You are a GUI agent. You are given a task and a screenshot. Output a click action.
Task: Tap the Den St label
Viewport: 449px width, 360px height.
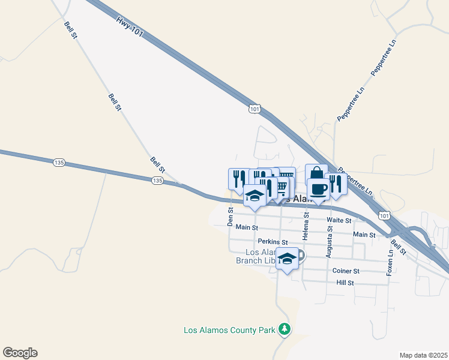(231, 217)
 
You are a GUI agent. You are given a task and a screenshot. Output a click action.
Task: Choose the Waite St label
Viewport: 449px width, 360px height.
(339, 221)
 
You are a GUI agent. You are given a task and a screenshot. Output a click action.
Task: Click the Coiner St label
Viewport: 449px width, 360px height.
(346, 271)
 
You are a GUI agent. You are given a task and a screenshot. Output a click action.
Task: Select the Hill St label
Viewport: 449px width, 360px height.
(345, 282)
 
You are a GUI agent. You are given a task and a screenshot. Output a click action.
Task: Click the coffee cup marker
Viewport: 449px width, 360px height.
(318, 188)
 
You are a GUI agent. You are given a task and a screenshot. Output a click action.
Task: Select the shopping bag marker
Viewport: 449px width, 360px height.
(316, 175)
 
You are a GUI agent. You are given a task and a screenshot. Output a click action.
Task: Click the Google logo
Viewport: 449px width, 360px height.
(20, 353)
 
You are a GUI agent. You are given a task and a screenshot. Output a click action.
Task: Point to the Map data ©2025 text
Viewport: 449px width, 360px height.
(423, 355)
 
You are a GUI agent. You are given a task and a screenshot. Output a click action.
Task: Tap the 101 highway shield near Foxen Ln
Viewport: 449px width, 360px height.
(384, 214)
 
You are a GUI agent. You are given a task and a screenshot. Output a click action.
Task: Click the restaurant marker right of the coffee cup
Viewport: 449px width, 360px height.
(336, 184)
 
